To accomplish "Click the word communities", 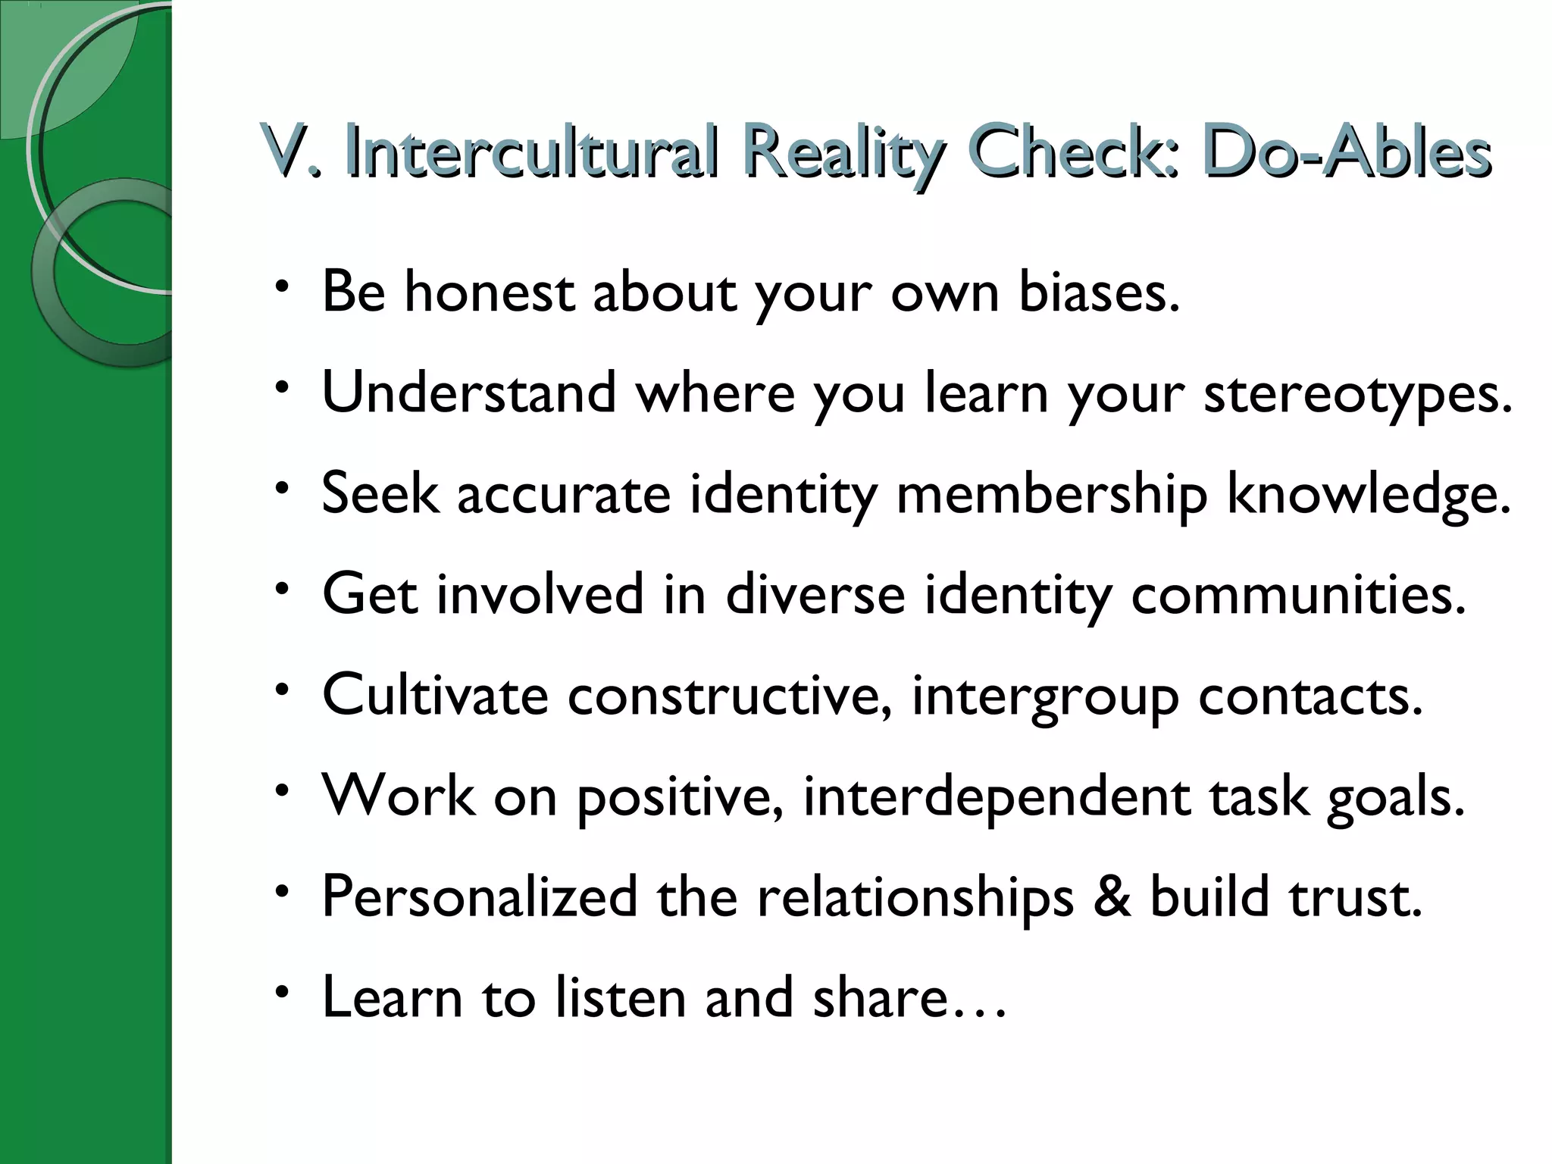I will [x=1298, y=594].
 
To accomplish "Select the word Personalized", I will [x=479, y=897].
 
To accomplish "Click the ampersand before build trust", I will [x=1112, y=897].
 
